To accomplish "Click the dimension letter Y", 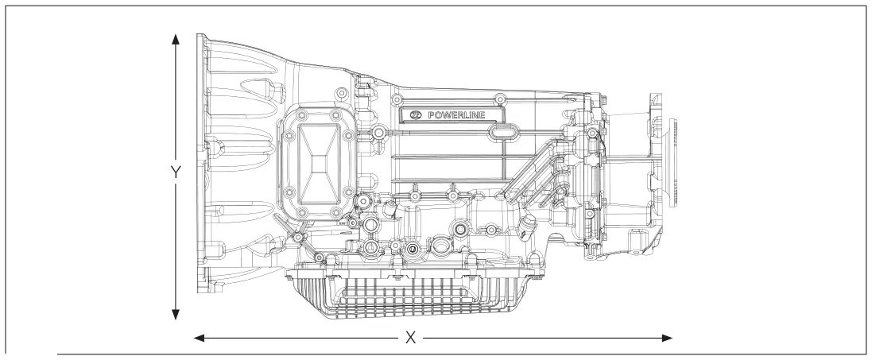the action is [176, 172].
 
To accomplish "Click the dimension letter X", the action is [410, 337].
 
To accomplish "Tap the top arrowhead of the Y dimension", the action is [176, 39].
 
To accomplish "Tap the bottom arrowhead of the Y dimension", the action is [176, 315].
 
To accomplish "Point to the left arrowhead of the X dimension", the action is [199, 338].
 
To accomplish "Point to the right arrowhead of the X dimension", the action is [667, 338].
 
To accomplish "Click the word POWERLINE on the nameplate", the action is [456, 115].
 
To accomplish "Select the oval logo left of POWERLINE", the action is [416, 115].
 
